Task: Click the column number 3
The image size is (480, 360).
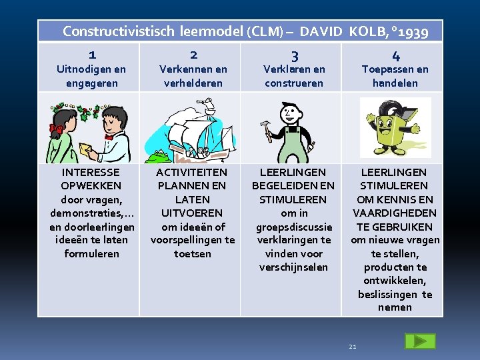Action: pos(294,56)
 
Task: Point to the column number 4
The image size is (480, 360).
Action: pos(395,56)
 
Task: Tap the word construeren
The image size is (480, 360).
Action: pos(294,83)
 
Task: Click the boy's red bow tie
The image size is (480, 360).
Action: pos(109,137)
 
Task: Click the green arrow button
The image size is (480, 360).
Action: pos(419,341)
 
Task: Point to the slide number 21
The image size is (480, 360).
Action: pos(353,347)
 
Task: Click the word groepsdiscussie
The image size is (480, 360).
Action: pos(294,227)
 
